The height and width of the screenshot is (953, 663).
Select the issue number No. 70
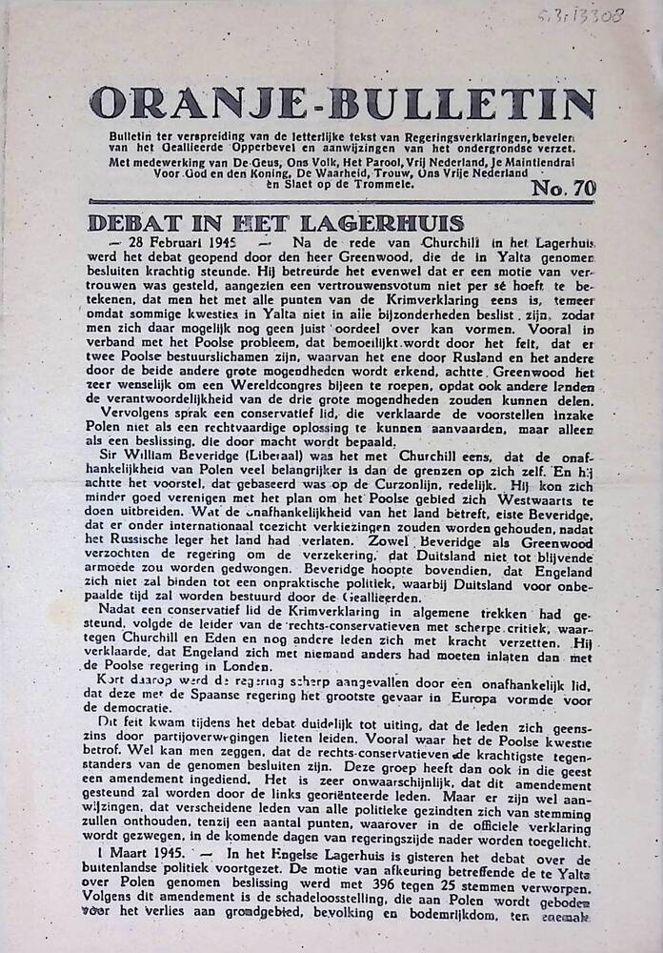tap(564, 188)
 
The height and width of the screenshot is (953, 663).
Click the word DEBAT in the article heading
tap(133, 224)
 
